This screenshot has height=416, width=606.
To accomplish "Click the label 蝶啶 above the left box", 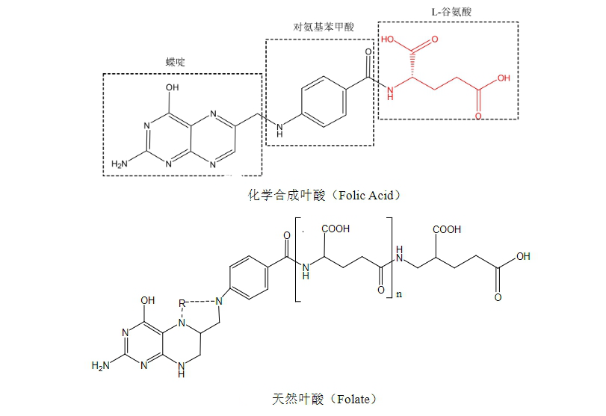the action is tap(175, 62).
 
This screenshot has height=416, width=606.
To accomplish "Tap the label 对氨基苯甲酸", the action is tap(324, 27).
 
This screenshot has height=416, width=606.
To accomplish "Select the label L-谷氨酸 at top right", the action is tap(451, 12).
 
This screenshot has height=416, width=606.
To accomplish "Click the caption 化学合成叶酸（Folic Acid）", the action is tap(324, 195).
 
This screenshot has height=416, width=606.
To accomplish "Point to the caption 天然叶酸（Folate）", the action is tap(324, 399).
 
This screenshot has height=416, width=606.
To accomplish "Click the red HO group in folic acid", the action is tap(387, 39).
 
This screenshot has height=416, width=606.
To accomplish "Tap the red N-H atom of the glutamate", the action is tap(390, 93).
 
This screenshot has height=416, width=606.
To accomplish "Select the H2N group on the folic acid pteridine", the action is tap(120, 164).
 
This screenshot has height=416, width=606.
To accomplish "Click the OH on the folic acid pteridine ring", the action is tap(173, 87).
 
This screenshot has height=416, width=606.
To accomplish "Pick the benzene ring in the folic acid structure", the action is tap(324, 102).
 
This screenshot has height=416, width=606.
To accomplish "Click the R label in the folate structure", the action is tap(182, 304).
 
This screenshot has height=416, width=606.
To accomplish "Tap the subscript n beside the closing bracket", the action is tap(399, 294).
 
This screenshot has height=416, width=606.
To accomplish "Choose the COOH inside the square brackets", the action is tap(336, 229).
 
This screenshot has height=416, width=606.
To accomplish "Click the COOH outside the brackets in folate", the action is tap(447, 229).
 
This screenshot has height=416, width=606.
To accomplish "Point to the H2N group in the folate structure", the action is tap(100, 365).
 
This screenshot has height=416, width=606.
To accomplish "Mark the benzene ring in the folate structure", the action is tap(249, 277).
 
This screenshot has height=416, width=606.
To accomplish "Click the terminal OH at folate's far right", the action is tap(523, 256).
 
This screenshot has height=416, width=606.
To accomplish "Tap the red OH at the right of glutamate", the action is tap(504, 78).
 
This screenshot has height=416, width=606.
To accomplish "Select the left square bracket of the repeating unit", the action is tap(298, 259).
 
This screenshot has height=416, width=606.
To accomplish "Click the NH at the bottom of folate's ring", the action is tap(182, 369).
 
